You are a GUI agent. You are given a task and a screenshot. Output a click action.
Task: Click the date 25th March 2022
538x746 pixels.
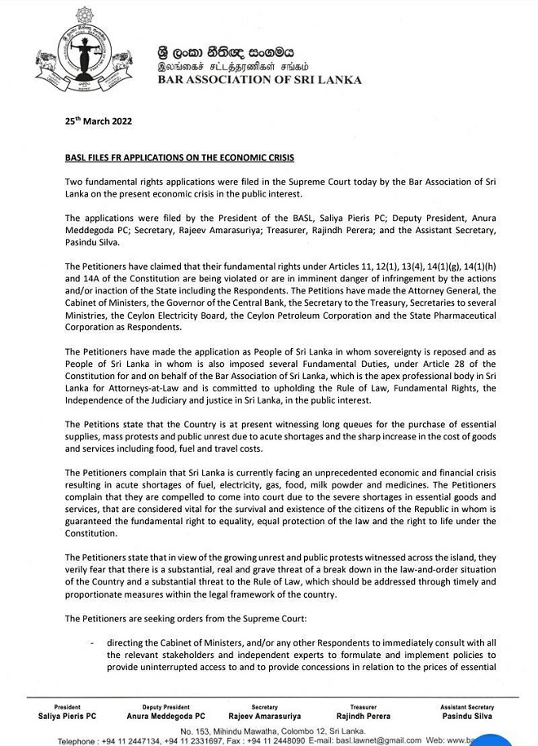(98, 121)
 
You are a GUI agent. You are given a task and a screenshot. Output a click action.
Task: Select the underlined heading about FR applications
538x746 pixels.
(179, 157)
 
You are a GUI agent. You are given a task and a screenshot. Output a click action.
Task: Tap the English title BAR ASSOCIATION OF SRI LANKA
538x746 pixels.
(260, 81)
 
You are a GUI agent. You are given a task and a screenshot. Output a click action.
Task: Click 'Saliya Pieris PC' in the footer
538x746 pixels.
(67, 716)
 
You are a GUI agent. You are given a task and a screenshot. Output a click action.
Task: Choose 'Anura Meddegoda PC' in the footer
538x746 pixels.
(165, 716)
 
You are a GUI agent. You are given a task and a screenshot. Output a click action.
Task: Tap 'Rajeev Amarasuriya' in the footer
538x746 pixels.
(265, 716)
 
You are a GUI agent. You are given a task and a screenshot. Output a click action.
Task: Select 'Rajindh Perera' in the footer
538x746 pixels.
(364, 716)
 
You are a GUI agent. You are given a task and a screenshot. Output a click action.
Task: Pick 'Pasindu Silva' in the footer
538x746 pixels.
(467, 716)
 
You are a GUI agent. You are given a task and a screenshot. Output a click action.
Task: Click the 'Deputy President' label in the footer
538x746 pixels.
(165, 707)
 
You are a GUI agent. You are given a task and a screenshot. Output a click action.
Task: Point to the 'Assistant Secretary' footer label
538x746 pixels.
(467, 707)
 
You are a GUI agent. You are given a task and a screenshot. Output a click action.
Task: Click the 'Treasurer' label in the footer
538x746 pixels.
(364, 707)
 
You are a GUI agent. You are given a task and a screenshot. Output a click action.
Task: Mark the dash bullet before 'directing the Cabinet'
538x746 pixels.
(92, 642)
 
